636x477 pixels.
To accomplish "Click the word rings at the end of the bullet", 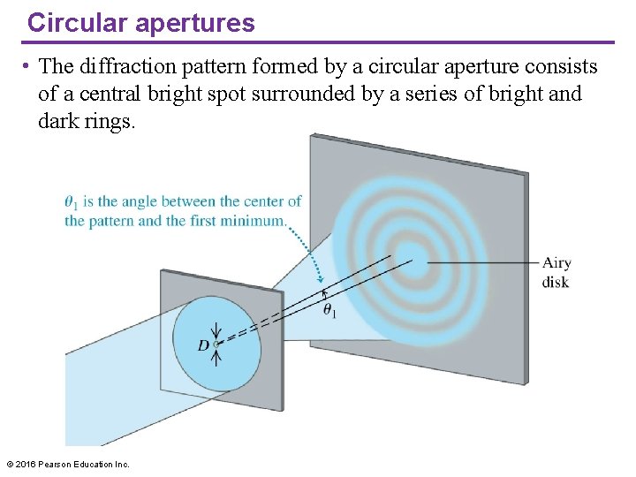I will tap(110, 120).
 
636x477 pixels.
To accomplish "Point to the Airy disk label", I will tap(556, 272).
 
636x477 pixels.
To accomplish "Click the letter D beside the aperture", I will tap(203, 345).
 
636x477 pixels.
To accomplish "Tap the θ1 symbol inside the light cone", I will tap(329, 311).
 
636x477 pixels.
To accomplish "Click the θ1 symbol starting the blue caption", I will tap(70, 202).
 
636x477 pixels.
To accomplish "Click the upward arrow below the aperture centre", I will tap(216, 358).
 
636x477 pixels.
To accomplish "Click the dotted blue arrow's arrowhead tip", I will tap(322, 282).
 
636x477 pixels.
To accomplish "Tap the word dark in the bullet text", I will tap(57, 120).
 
